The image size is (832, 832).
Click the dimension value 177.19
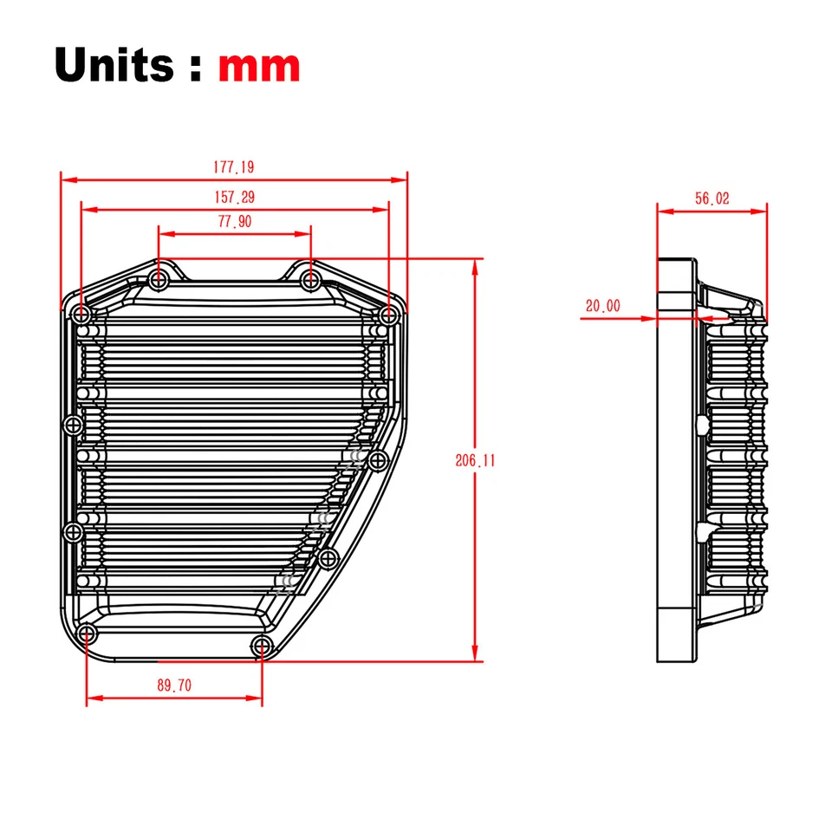point(234,167)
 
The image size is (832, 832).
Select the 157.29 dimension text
point(234,198)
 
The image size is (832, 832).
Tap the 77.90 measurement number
point(234,222)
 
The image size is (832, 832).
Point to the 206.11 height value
point(475,461)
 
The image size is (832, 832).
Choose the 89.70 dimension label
point(174,686)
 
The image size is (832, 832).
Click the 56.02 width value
point(712,198)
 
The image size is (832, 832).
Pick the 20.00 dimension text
point(602,305)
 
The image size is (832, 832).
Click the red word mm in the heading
point(259,65)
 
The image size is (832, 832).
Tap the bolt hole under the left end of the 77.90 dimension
point(159,281)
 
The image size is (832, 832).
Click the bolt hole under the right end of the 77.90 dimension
point(311,281)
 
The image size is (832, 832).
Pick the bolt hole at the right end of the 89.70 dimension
point(262,644)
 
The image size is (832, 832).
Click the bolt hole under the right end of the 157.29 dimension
point(387,314)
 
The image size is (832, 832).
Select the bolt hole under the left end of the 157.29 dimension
point(82,314)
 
